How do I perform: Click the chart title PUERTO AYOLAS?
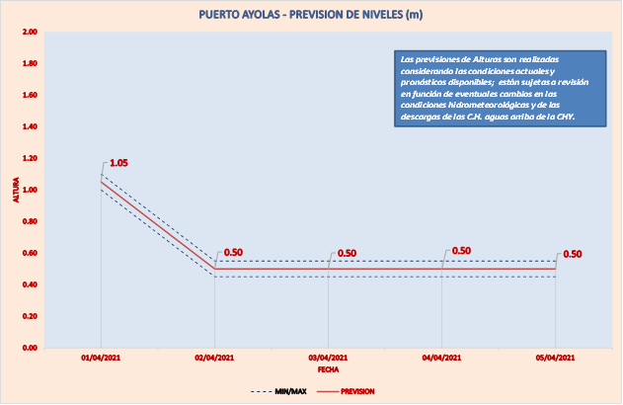coord(311,15)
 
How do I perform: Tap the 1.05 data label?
coord(119,162)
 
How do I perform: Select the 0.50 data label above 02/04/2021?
coord(233,252)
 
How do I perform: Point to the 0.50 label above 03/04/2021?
coord(347,253)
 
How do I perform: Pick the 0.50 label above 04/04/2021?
coord(460,251)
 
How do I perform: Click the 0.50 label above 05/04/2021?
coord(572,254)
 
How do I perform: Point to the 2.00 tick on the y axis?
coord(29,33)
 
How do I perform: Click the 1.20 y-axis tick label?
coord(29,158)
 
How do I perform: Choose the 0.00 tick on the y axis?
coord(29,348)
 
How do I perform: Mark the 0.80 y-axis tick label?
coord(29,221)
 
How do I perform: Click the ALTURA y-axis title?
coord(15,190)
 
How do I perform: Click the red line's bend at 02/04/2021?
coord(214,269)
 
